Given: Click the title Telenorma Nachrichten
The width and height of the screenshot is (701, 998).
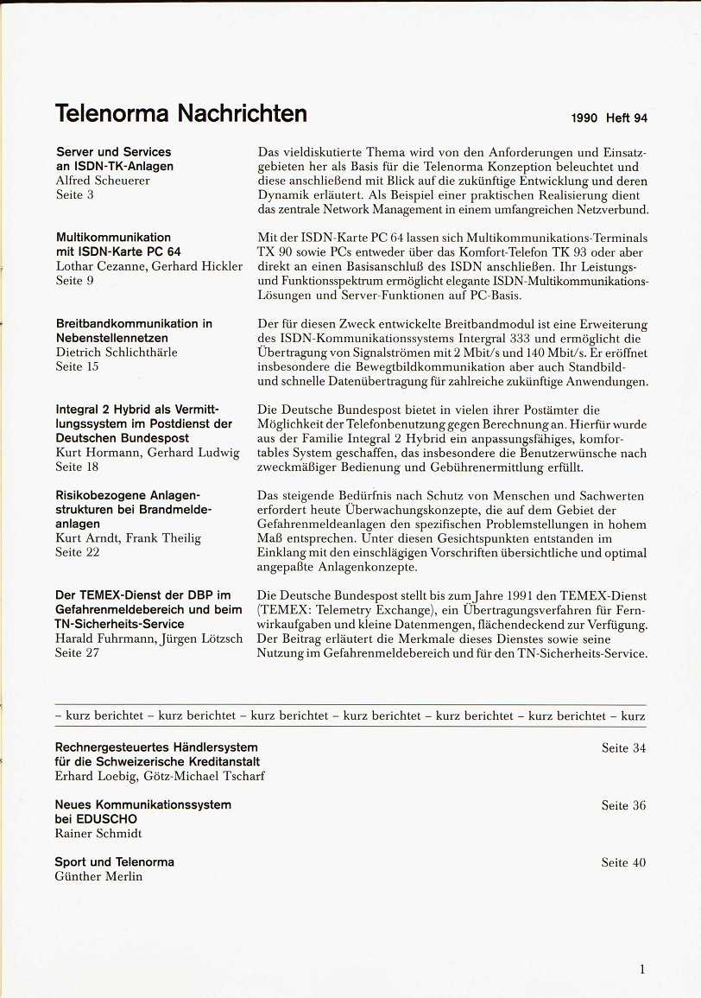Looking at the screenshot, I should [180, 113].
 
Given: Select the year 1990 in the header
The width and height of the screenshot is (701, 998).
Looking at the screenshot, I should [584, 118].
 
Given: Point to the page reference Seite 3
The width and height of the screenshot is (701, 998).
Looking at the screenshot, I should [74, 195].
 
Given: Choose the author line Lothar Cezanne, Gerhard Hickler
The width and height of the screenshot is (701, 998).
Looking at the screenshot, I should [148, 266].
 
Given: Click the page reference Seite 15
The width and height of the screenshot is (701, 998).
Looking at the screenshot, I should [77, 366].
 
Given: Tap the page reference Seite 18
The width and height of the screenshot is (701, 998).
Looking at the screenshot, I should [77, 467].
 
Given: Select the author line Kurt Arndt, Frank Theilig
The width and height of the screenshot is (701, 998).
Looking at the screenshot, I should [128, 538].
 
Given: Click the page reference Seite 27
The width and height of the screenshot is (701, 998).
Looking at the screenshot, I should [77, 653].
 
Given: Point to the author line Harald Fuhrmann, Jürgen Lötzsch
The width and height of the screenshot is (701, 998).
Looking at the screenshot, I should [149, 639].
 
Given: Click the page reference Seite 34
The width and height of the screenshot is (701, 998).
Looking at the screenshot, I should [623, 748].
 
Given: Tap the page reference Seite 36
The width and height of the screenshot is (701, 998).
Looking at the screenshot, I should [623, 805].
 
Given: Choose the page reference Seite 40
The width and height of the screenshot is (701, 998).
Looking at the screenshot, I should [623, 862].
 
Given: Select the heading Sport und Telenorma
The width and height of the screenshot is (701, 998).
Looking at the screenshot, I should [114, 862].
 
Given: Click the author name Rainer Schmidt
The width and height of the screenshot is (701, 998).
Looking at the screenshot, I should [98, 834].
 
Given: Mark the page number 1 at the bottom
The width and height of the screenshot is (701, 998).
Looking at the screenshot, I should [642, 969].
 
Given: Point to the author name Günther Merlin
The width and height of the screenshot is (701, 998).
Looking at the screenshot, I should [98, 877].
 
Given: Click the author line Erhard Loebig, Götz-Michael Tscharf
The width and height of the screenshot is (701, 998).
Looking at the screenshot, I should [160, 776].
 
